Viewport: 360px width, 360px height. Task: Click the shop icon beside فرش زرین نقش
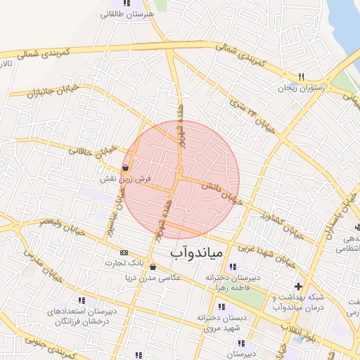click(125, 167)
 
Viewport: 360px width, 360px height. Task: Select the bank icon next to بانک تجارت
click(124, 252)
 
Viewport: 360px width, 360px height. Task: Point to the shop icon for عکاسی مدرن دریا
click(153, 267)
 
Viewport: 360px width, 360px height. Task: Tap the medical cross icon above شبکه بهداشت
click(299, 286)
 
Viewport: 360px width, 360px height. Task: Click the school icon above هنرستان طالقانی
click(126, 4)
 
